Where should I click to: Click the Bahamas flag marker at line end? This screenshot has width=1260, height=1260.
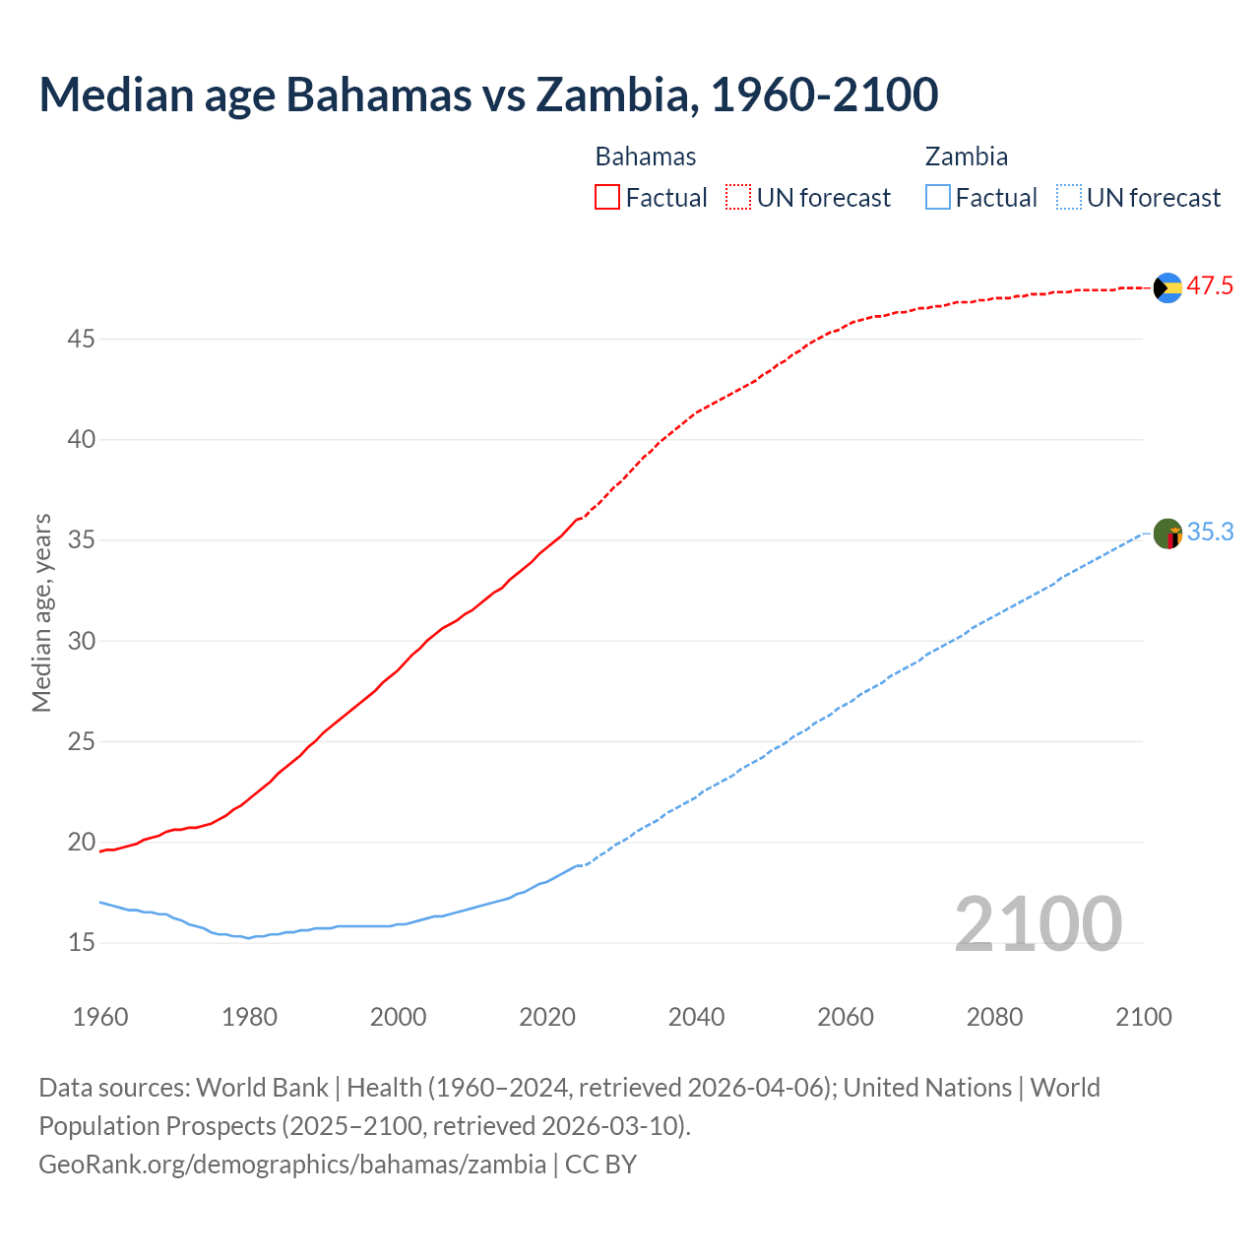[x=1167, y=287]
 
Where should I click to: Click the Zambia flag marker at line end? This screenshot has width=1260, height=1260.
[x=1167, y=535]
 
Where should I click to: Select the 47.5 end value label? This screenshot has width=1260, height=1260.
[x=1210, y=286]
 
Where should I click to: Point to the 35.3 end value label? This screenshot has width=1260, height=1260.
[x=1210, y=533]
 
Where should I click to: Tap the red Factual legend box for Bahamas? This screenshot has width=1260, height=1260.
[x=607, y=198]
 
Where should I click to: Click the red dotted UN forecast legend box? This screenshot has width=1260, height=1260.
[x=738, y=198]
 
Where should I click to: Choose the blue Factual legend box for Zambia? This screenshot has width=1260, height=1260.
[x=938, y=198]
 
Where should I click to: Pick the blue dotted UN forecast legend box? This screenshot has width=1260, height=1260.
[x=1068, y=198]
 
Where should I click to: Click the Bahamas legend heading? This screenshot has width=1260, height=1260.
[x=646, y=157]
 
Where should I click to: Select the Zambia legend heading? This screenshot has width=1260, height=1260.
[x=967, y=157]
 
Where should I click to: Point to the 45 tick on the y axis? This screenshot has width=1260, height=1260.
[x=82, y=340]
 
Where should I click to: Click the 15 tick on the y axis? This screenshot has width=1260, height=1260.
[x=82, y=943]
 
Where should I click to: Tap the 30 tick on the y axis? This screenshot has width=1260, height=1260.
[x=82, y=641]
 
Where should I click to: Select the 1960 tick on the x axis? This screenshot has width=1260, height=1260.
[x=100, y=1017]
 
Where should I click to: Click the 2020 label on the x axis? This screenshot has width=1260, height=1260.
[x=547, y=1017]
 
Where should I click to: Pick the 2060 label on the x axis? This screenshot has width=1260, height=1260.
[x=846, y=1017]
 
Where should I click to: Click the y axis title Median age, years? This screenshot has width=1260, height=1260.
[x=41, y=612]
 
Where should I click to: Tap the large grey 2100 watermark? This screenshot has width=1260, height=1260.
[x=1039, y=924]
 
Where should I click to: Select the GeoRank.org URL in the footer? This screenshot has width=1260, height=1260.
[x=292, y=1165]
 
